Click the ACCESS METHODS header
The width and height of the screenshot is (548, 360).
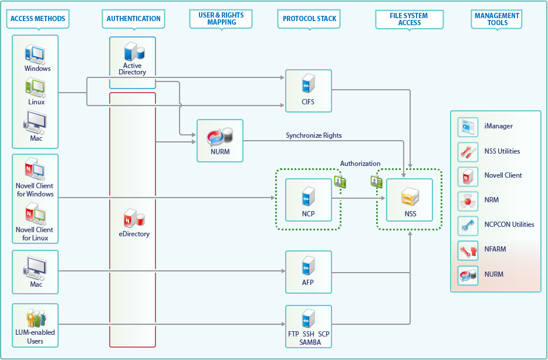[38, 19]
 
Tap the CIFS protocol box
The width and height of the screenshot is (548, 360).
[308, 91]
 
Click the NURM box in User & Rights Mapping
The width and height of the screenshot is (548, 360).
[219, 141]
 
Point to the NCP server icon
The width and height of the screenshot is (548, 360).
[307, 197]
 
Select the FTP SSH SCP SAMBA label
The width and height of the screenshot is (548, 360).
[308, 338]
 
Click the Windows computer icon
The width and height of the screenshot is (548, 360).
[35, 55]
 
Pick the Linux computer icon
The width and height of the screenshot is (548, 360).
[35, 88]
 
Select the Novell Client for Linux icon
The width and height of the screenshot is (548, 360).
[35, 215]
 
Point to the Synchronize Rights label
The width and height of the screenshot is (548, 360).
[313, 135]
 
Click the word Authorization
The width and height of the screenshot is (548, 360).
[360, 164]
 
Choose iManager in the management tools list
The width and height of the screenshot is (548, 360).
[499, 126]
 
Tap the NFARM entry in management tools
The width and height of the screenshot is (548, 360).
[495, 249]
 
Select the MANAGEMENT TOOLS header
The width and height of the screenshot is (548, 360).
[497, 19]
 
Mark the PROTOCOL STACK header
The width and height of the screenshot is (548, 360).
[309, 19]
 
